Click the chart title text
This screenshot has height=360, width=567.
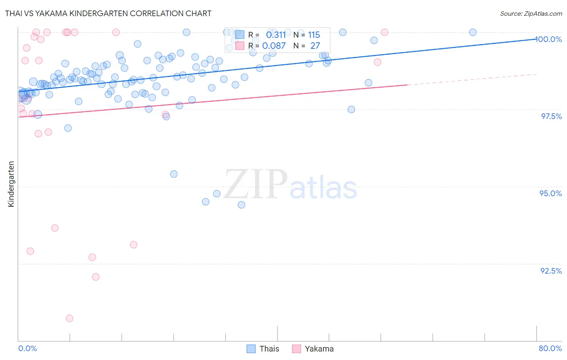[x=108, y=13]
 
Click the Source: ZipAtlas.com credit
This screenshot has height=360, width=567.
[x=531, y=14]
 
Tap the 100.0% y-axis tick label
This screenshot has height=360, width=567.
[x=548, y=39]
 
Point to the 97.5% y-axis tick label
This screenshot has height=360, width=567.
[x=551, y=116]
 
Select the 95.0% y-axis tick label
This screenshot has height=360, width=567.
[x=550, y=193]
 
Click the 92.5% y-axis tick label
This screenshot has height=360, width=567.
[x=551, y=271]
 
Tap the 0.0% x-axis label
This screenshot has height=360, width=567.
[x=28, y=348]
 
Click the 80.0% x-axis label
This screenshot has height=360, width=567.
[x=550, y=348]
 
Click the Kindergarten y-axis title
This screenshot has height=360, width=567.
[x=11, y=184]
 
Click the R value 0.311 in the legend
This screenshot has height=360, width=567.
[x=276, y=35]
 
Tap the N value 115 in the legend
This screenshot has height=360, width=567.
[x=314, y=35]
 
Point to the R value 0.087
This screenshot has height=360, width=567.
[x=274, y=46]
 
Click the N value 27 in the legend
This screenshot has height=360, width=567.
[x=315, y=46]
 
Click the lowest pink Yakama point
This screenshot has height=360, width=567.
[x=69, y=318]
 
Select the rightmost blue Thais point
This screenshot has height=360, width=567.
[x=473, y=32]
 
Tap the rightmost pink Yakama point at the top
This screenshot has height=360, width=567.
[x=384, y=32]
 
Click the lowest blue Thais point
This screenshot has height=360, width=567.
[x=241, y=205]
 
